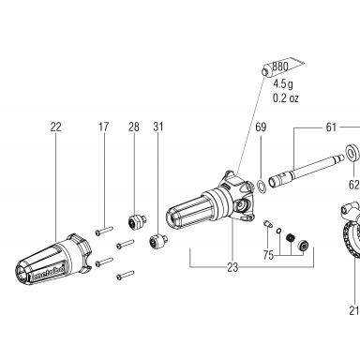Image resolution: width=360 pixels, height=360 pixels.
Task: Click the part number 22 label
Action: [x=56, y=127]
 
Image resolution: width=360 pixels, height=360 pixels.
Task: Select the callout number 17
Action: [x=103, y=127]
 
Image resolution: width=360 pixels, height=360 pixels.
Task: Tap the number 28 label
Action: [x=134, y=127]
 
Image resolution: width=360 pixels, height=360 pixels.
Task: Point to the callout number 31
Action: [x=158, y=127]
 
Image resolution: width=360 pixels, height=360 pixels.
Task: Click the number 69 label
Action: [x=261, y=127]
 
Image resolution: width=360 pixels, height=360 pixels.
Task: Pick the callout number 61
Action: [x=331, y=127]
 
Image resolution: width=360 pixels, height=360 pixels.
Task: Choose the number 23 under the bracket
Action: [x=232, y=267]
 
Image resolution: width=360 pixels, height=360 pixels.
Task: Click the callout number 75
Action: [x=268, y=255]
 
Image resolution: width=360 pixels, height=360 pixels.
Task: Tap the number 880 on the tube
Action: [x=280, y=67]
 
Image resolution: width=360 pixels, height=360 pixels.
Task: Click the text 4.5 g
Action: [x=283, y=83]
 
